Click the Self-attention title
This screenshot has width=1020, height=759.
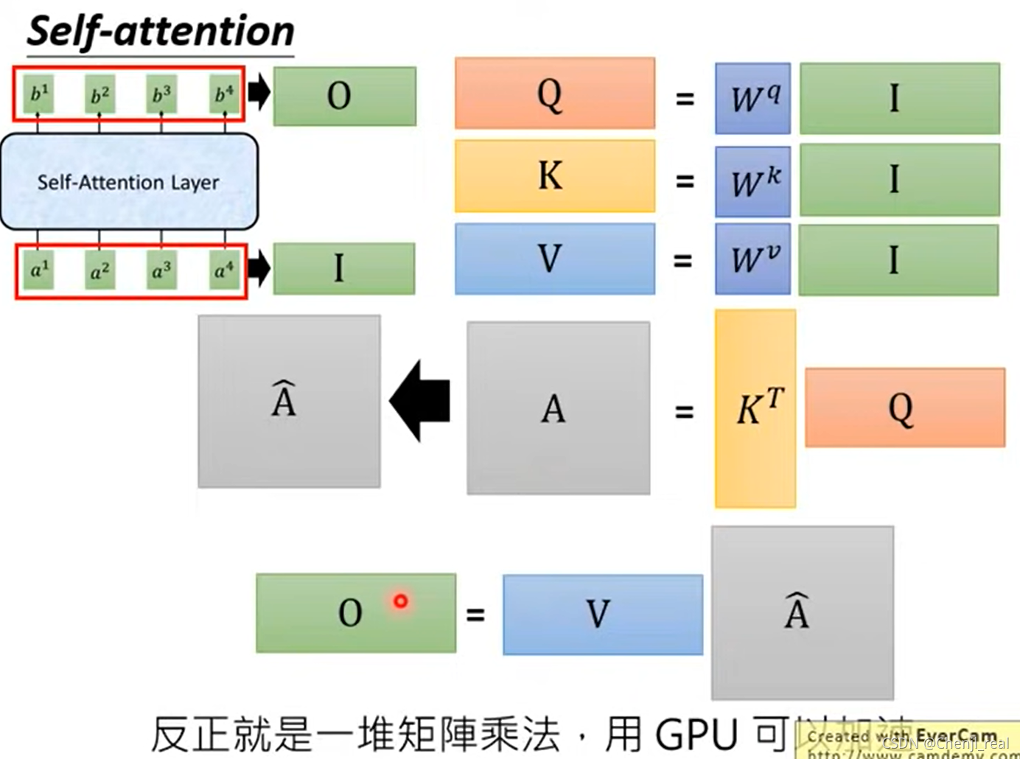tap(160, 32)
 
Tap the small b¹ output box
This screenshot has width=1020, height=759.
tap(38, 94)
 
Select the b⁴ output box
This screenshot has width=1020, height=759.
tap(224, 94)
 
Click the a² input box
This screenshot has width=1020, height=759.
tap(99, 271)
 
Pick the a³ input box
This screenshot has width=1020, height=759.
tap(161, 271)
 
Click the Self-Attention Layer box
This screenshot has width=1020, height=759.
tap(129, 181)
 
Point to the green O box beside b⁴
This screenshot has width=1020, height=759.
tap(344, 96)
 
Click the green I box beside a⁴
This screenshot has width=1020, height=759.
tap(343, 268)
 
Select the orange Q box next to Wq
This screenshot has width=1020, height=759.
tap(554, 94)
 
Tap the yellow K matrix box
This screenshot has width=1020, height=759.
tap(554, 176)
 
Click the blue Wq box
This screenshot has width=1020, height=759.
tap(752, 99)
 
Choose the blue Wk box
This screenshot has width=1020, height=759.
tap(752, 181)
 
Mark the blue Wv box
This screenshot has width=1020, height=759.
tap(752, 259)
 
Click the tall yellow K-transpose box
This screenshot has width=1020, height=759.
tap(755, 408)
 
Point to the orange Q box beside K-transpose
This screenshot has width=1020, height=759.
tap(904, 408)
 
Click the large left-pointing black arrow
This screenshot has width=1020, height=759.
tap(420, 401)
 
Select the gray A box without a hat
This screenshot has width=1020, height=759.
tap(558, 408)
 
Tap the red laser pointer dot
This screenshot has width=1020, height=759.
tap(400, 601)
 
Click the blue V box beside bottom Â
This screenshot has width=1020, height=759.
tap(602, 615)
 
